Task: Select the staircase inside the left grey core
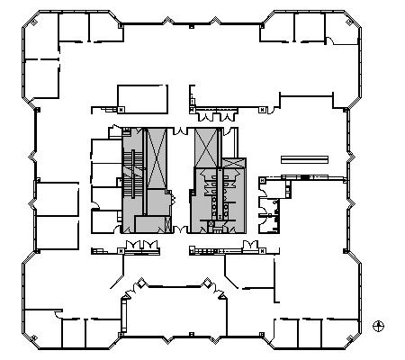click(x=132, y=171)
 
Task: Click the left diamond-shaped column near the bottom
click(x=139, y=285)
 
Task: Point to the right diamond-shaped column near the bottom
click(x=208, y=285)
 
